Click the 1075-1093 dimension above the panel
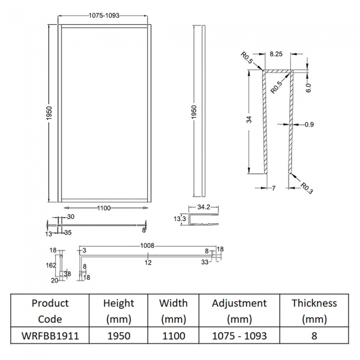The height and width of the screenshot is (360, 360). (104, 17)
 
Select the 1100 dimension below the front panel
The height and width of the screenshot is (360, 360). (104, 208)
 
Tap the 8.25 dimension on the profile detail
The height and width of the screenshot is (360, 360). (277, 55)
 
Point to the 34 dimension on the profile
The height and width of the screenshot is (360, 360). (250, 119)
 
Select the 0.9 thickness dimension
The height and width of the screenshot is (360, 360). (309, 125)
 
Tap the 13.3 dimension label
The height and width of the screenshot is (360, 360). (179, 219)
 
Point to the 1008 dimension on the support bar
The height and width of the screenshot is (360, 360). (147, 245)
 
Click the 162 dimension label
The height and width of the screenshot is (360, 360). (52, 265)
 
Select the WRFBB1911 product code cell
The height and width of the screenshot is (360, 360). (50, 336)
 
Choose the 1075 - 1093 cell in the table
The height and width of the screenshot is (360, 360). (239, 336)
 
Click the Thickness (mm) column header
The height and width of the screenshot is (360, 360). (314, 311)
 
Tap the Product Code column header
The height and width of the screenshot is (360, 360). (50, 311)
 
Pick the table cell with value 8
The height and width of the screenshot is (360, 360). (314, 336)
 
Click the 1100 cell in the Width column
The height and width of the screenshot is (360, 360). (173, 336)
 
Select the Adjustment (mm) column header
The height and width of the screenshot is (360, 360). (239, 311)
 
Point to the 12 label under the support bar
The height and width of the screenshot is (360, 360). (148, 262)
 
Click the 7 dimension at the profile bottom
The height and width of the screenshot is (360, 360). (273, 189)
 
